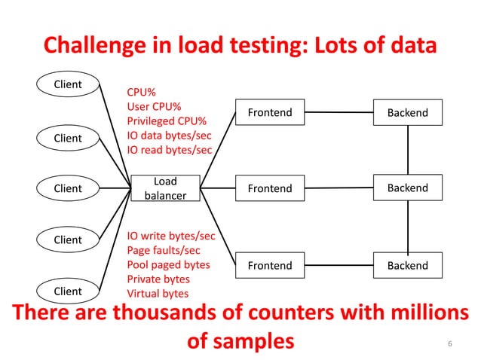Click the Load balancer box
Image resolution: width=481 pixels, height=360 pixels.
pyautogui.click(x=165, y=188)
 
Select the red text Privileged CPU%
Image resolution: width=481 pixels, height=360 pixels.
pyautogui.click(x=167, y=121)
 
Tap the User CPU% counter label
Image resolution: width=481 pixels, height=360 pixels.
pyautogui.click(x=159, y=107)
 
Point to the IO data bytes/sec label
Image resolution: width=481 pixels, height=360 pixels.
pyautogui.click(x=169, y=136)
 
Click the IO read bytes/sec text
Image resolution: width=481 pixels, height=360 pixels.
pyautogui.click(x=169, y=150)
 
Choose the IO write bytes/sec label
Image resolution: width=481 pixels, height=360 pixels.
pyautogui.click(x=170, y=236)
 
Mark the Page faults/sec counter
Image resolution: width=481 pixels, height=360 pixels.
pyautogui.click(x=164, y=251)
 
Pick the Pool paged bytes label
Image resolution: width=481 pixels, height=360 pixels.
pyautogui.click(x=168, y=265)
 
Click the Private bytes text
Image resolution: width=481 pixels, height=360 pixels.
pyautogui.click(x=158, y=279)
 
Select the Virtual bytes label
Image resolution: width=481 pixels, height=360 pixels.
pyautogui.click(x=158, y=294)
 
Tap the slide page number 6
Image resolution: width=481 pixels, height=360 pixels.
pyautogui.click(x=450, y=344)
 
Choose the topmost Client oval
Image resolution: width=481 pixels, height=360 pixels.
pyautogui.click(x=67, y=84)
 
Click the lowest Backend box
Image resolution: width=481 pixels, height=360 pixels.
pyautogui.click(x=408, y=265)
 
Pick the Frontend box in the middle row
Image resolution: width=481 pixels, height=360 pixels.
pyautogui.click(x=270, y=188)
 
